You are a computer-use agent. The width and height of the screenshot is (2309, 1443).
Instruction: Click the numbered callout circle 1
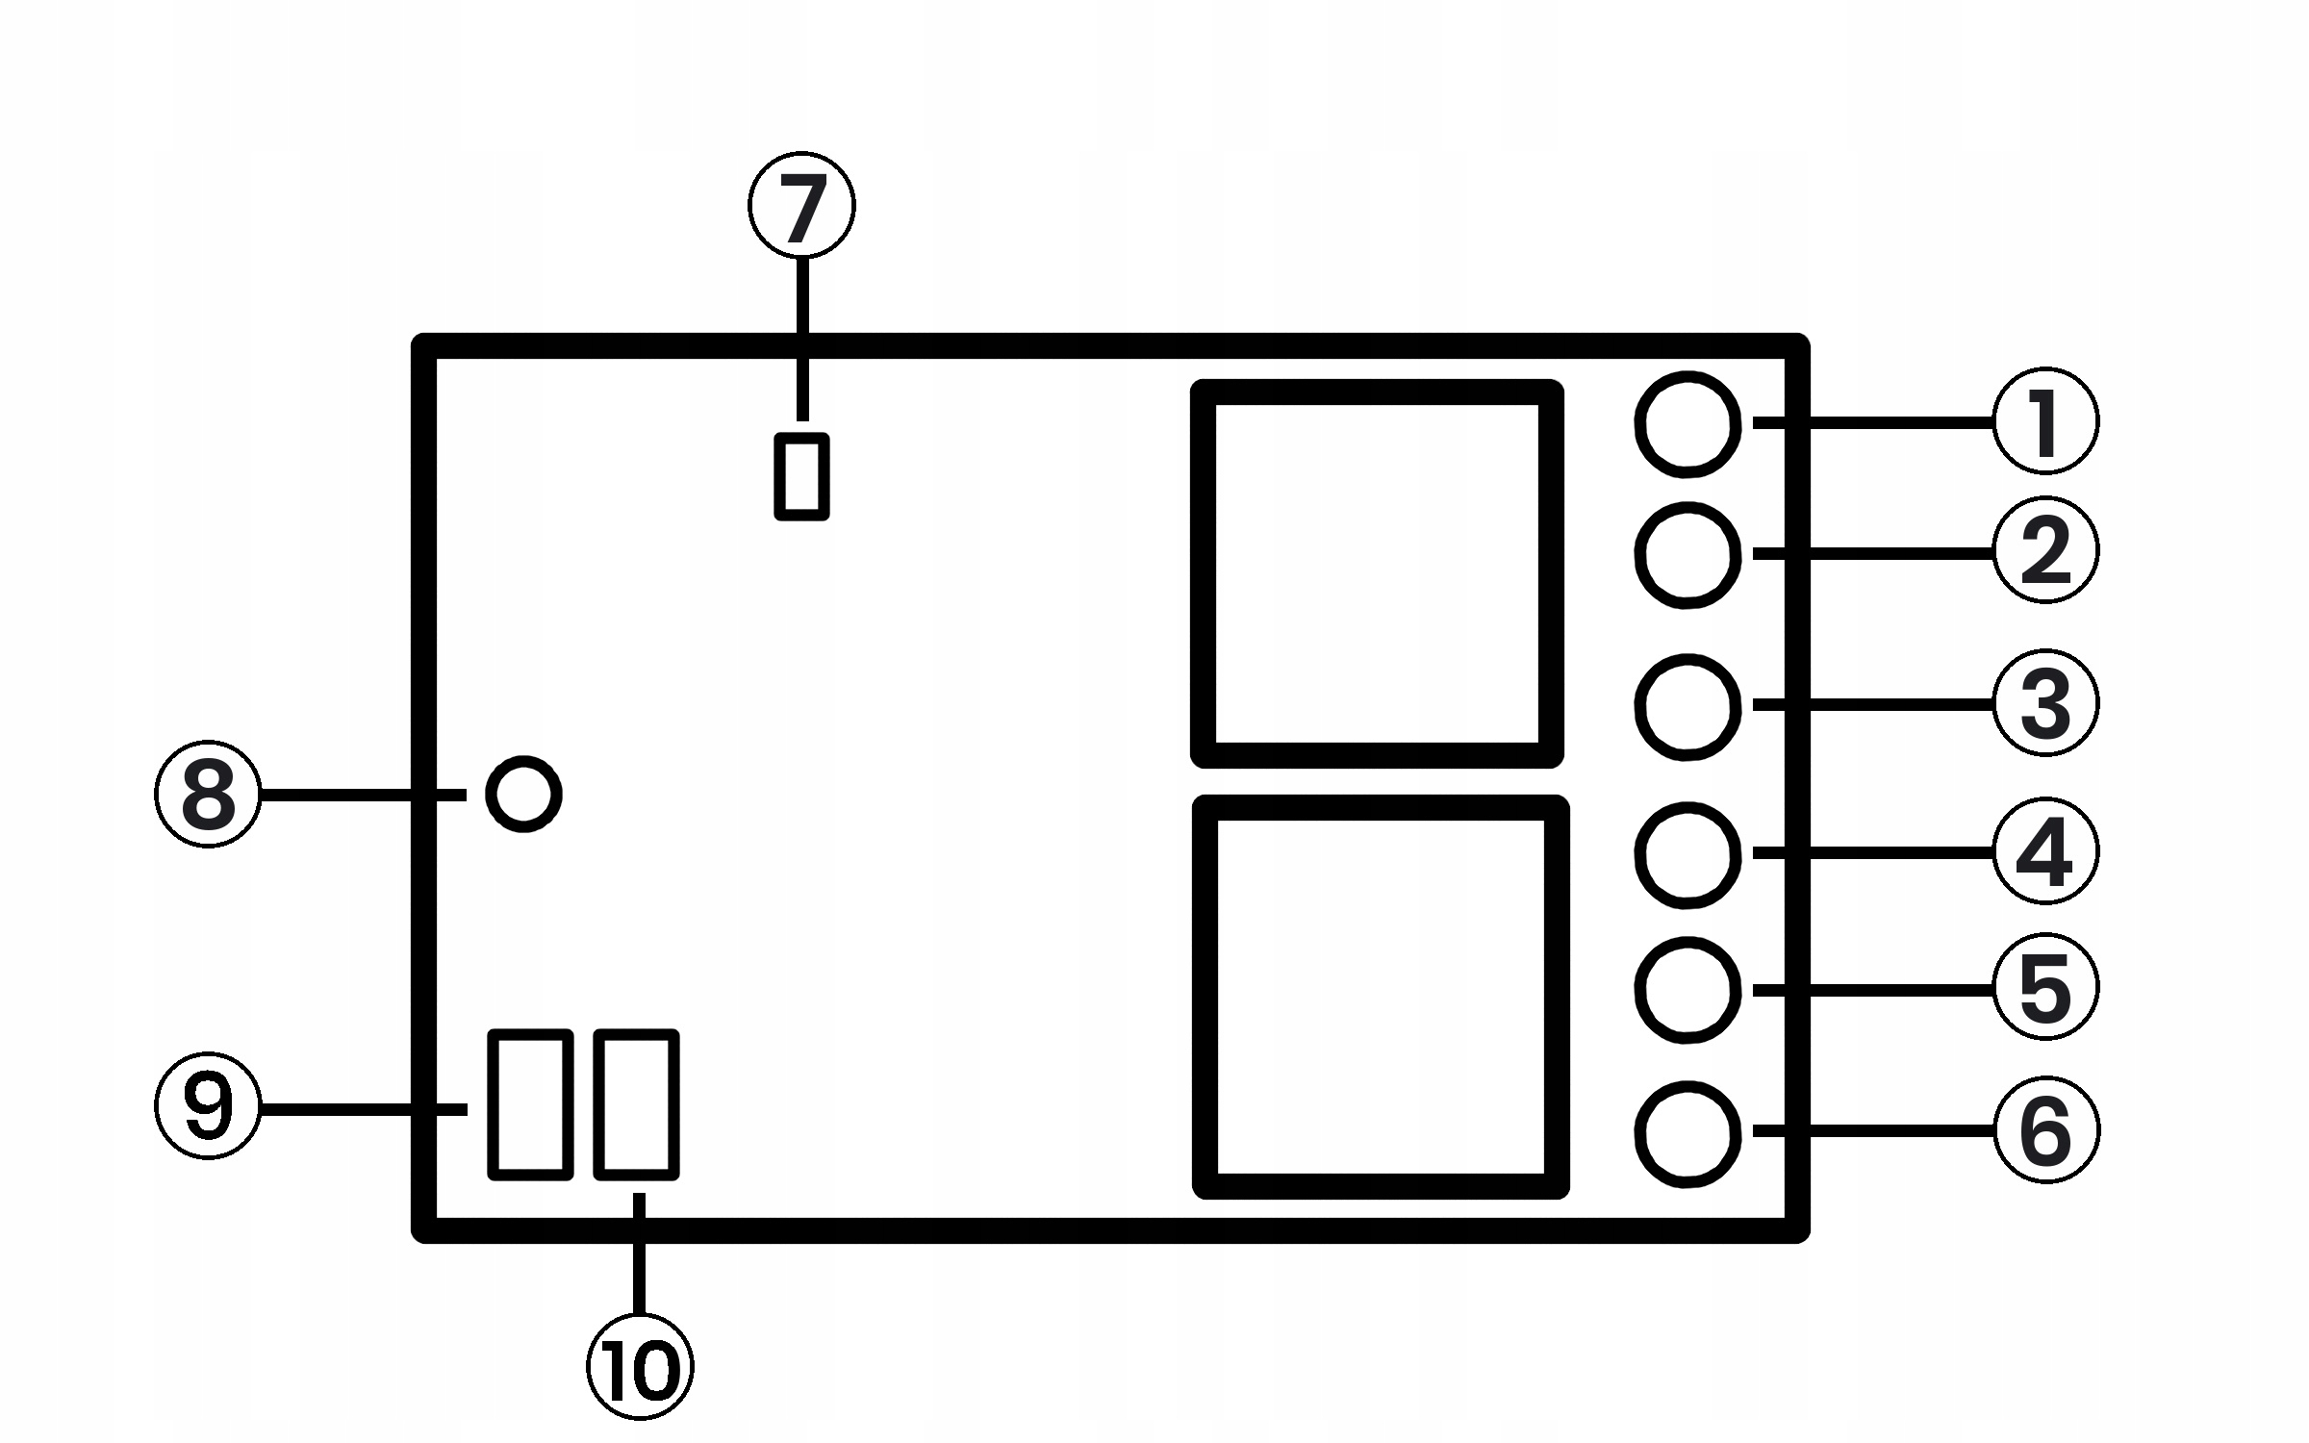click(x=2045, y=421)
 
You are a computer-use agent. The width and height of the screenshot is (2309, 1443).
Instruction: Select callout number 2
click(x=2045, y=550)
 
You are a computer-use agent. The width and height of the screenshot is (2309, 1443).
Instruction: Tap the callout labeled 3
click(x=2045, y=703)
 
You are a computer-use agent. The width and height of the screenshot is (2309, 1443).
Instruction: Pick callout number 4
click(x=2045, y=851)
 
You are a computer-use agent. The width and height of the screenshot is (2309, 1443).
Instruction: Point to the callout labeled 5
click(x=2045, y=987)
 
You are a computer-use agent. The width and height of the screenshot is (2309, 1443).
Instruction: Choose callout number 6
click(x=2045, y=1130)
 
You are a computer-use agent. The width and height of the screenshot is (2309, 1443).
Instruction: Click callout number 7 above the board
click(x=801, y=205)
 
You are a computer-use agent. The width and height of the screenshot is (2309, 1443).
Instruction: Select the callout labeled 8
click(x=208, y=795)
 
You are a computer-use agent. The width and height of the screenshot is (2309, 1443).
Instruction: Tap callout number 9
click(x=208, y=1107)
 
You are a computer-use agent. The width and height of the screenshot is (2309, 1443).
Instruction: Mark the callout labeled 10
click(x=640, y=1366)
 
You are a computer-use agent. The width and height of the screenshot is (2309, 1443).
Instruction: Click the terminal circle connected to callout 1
click(x=1687, y=423)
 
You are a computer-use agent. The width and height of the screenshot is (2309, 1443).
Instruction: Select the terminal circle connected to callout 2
click(x=1687, y=555)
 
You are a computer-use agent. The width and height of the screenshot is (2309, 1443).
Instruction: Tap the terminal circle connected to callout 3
click(x=1687, y=707)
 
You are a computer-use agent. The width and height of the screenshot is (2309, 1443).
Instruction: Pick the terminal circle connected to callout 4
click(x=1687, y=855)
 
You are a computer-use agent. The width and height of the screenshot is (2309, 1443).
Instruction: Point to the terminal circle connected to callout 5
click(x=1687, y=990)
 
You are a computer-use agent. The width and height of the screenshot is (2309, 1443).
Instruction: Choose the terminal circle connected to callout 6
click(x=1687, y=1133)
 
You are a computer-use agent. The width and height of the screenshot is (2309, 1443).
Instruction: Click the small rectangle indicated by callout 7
click(x=801, y=477)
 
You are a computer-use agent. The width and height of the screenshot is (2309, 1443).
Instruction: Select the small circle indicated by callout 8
click(x=523, y=795)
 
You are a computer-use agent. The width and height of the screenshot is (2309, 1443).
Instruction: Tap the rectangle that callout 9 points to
click(x=531, y=1104)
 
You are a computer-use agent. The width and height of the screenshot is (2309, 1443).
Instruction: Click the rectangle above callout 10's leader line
click(x=636, y=1104)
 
